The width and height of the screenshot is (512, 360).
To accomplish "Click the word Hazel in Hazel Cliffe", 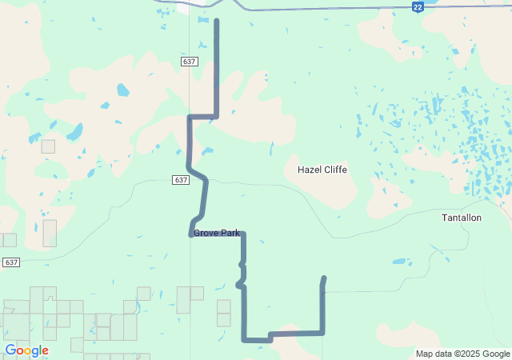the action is pos(310,170).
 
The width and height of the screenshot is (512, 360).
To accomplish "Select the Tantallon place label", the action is pos(462,218).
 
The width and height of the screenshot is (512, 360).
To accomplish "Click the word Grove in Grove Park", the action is pos(206,233).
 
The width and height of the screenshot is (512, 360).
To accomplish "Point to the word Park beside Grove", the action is pos(230,233).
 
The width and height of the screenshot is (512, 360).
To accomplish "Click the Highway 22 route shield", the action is pos(418,6).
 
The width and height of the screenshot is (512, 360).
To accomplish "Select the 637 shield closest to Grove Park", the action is pos(181,180).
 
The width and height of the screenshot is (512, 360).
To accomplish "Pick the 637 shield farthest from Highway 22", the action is pos(11,262).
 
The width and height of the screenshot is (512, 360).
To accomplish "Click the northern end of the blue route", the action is pos(217,20).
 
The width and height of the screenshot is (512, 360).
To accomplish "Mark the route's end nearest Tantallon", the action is pos(324,278).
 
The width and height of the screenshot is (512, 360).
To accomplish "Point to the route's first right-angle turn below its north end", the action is pos(216,116).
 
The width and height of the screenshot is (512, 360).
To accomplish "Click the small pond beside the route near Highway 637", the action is pos(207,150).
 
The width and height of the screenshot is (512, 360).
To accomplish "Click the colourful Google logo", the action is pos(26,350).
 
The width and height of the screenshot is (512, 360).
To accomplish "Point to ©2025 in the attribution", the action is pos(469,354).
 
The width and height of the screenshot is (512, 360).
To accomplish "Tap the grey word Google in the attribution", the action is pos(496,354).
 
